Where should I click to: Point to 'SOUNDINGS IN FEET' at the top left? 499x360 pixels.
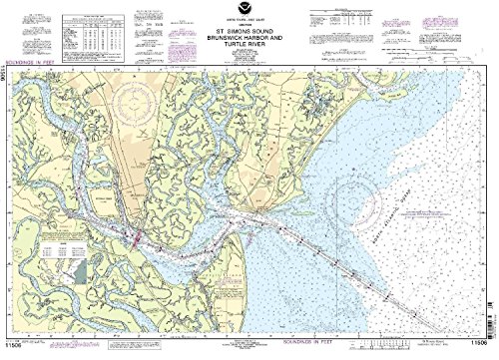click(40, 70)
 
